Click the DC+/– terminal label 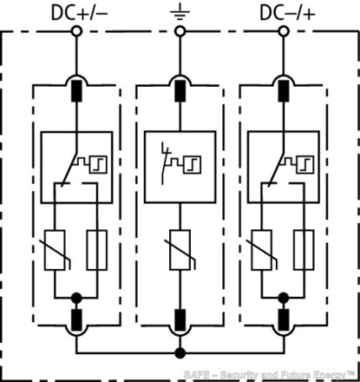(x=79, y=13)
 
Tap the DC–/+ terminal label (x=287, y=13)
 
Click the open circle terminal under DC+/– (x=76, y=31)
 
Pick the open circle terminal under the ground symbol (x=180, y=31)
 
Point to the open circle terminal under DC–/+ (x=284, y=31)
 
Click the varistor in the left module (x=56, y=250)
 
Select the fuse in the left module (x=97, y=250)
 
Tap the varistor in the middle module (x=180, y=250)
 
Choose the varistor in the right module (x=263, y=250)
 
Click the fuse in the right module (x=304, y=250)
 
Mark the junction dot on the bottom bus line (x=180, y=353)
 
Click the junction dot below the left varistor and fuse (x=76, y=298)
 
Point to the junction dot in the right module (x=284, y=298)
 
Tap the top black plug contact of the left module (x=76, y=91)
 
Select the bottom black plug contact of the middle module (x=180, y=319)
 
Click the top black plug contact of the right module (x=284, y=91)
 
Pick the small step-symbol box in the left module (x=98, y=165)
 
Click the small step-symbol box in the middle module (x=193, y=165)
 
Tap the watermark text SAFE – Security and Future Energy (x=269, y=375)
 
